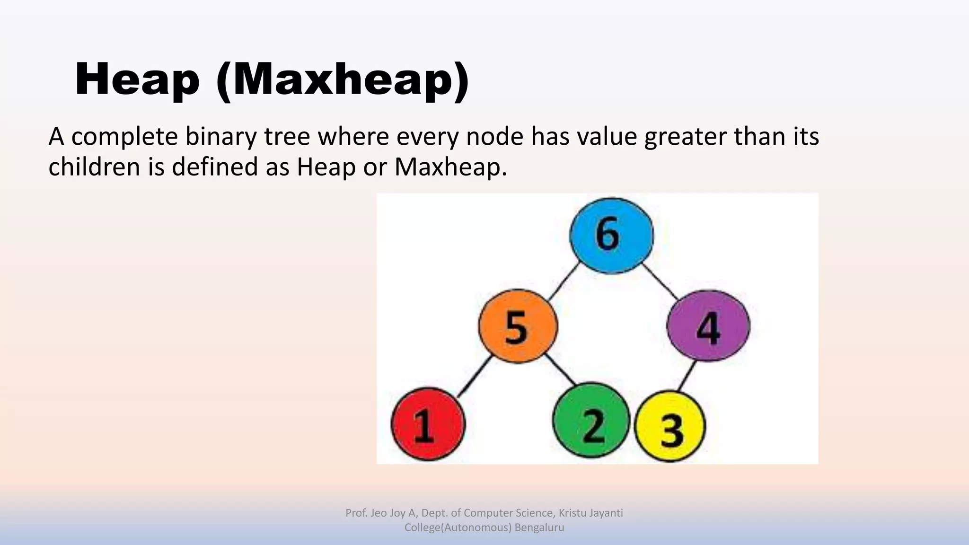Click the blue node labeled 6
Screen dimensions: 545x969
coord(611,236)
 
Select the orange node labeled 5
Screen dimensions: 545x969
coord(518,326)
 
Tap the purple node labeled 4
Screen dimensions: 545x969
coord(708,326)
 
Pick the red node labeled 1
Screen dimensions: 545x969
coord(428,424)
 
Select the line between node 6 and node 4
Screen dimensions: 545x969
coord(661,282)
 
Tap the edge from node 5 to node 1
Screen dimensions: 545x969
coord(475,376)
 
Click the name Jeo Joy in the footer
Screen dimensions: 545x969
coord(388,513)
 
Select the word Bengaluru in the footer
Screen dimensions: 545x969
coord(539,527)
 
